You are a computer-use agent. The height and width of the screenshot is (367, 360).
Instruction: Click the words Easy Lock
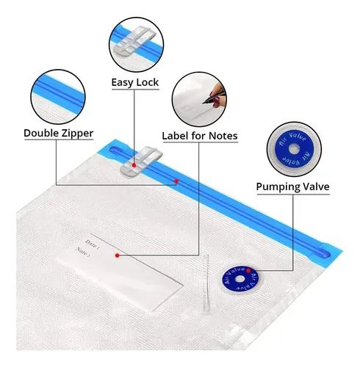coord(135,82)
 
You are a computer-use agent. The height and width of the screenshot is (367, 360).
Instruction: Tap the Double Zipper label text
coord(59,134)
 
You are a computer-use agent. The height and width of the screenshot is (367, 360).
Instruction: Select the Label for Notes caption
coord(200,136)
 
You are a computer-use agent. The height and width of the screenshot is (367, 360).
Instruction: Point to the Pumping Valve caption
coord(293,187)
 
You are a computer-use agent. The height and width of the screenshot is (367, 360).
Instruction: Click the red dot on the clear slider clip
coord(134,165)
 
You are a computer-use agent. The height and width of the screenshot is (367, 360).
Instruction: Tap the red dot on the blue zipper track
coord(176,181)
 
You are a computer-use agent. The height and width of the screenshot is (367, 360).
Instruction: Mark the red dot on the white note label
coord(118,255)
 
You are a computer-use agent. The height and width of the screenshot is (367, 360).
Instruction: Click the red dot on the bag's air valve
coord(248,271)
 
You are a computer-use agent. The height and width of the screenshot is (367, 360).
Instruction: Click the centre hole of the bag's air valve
coord(240,279)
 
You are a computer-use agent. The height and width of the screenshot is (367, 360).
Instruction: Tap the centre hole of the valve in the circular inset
coord(294,149)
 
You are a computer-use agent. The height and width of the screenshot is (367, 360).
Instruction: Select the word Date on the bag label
coord(92,244)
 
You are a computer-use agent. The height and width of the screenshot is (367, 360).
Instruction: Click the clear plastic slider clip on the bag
coord(141,161)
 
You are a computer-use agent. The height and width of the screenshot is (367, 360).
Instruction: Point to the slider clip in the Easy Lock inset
coord(134,40)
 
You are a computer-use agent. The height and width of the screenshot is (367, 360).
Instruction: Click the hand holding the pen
coord(217,95)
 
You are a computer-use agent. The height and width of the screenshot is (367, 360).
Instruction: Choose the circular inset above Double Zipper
coord(58,97)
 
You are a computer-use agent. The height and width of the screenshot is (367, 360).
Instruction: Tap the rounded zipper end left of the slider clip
coord(115,150)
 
